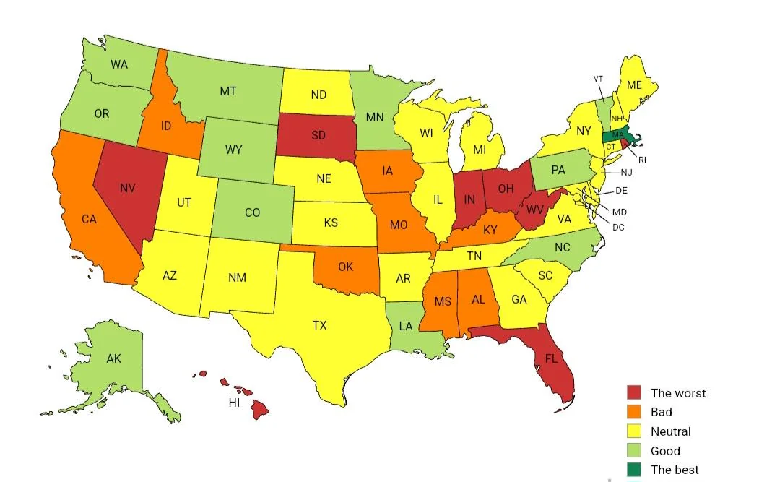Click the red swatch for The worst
click(633, 393)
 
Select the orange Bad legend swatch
click(633, 412)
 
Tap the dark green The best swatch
click(633, 470)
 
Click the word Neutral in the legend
click(670, 431)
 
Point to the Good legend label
click(665, 451)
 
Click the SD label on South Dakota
click(318, 135)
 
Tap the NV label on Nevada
click(128, 189)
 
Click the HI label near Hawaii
click(234, 403)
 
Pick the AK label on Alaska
click(113, 358)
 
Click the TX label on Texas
click(319, 326)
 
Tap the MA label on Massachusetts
click(617, 134)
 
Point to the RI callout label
click(641, 160)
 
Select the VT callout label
click(598, 79)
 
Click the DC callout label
click(617, 227)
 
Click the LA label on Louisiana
click(406, 326)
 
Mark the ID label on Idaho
click(166, 126)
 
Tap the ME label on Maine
click(634, 85)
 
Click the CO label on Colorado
click(252, 212)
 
